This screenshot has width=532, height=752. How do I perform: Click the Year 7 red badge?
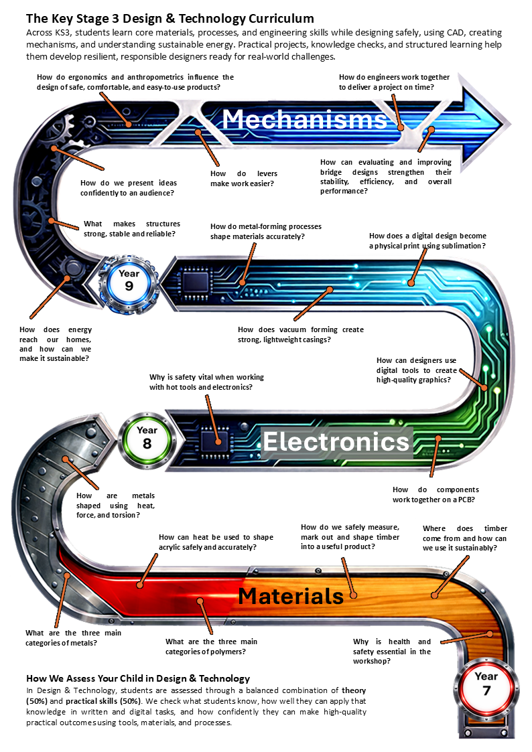pyautogui.click(x=486, y=682)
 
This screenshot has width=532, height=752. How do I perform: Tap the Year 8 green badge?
pyautogui.click(x=147, y=437)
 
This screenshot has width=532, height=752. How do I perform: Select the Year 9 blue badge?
pyautogui.click(x=129, y=281)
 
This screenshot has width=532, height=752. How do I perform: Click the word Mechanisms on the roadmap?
pyautogui.click(x=305, y=119)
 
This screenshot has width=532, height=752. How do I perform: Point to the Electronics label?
pyautogui.click(x=336, y=442)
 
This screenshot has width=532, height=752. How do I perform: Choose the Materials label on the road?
pyautogui.click(x=291, y=595)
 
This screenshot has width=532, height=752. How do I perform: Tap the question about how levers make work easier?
pyautogui.click(x=243, y=179)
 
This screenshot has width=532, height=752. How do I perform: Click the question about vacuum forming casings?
pyautogui.click(x=300, y=334)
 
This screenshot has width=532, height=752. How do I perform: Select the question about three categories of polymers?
pyautogui.click(x=211, y=646)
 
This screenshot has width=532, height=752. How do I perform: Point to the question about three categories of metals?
pyautogui.click(x=73, y=637)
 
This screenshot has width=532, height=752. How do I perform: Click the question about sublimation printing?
pyautogui.click(x=427, y=241)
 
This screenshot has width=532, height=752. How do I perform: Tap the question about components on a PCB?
pyautogui.click(x=434, y=494)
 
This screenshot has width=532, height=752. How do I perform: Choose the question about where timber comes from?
pyautogui.click(x=464, y=538)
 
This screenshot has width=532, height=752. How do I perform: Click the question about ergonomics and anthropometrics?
pyautogui.click(x=135, y=82)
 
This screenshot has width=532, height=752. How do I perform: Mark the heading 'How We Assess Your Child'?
pyautogui.click(x=137, y=678)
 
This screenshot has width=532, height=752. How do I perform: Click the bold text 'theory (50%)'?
pyautogui.click(x=354, y=690)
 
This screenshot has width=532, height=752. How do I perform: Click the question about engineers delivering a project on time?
pyautogui.click(x=394, y=82)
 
